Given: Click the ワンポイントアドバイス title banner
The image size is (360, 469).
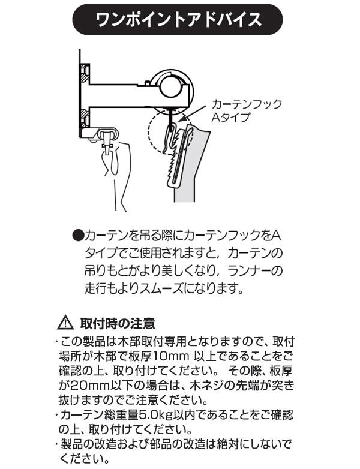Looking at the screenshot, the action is pyautogui.click(x=178, y=19).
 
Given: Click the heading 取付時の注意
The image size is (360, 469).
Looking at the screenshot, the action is pyautogui.click(x=118, y=323).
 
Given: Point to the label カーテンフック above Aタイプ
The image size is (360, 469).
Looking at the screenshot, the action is pyautogui.click(x=246, y=104).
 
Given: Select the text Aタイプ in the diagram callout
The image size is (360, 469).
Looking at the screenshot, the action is pyautogui.click(x=230, y=118).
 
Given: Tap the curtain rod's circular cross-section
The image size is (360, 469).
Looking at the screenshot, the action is pyautogui.click(x=172, y=87).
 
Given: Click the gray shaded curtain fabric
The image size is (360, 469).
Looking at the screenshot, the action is pyautogui.click(x=191, y=164).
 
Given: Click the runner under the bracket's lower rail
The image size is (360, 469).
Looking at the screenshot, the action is pyautogui.click(x=109, y=139).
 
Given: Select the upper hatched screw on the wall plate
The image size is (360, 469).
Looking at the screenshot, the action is pyautogui.click(x=85, y=74).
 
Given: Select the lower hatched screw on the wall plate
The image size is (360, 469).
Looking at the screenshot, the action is pyautogui.click(x=85, y=118).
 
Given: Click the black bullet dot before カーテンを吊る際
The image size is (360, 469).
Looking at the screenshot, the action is pyautogui.click(x=78, y=236).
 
